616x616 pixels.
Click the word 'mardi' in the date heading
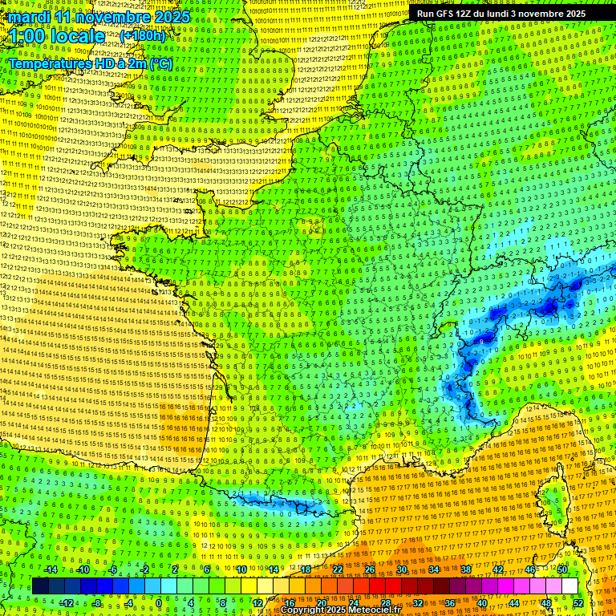pyautogui.click(x=30, y=17)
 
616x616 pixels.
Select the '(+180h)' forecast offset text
pyautogui.click(x=143, y=35)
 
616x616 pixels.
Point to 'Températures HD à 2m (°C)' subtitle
pyautogui.click(x=90, y=63)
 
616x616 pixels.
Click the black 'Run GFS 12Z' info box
pyautogui.click(x=501, y=14)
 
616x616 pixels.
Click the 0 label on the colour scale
pyautogui.click(x=159, y=603)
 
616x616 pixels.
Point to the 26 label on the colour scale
pyautogui.click(x=369, y=569)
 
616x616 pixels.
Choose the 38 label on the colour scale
pyautogui.click(x=465, y=569)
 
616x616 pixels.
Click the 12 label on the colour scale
pyautogui.click(x=257, y=603)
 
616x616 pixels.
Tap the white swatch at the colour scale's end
pyautogui.click(x=569, y=586)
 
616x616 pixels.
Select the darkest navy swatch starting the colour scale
pyautogui.click(x=40, y=586)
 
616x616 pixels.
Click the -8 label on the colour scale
pyautogui.click(x=95, y=603)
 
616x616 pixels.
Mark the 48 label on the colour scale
pyautogui.click(x=546, y=603)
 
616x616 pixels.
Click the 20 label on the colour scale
pyautogui.click(x=321, y=603)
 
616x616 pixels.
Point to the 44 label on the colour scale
pyautogui.click(x=514, y=603)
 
